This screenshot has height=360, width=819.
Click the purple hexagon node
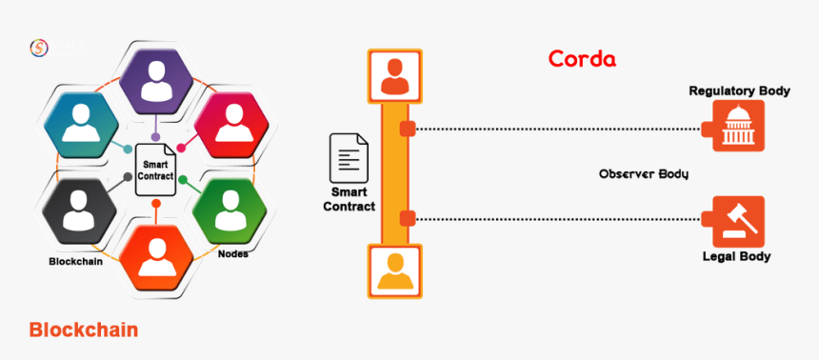pyautogui.click(x=155, y=79)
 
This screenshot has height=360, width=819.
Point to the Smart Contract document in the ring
pyautogui.click(x=156, y=169)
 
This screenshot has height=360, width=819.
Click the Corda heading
pyautogui.click(x=582, y=59)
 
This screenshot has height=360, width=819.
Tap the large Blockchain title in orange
pyautogui.click(x=84, y=330)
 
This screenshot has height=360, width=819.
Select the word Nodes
pyautogui.click(x=234, y=254)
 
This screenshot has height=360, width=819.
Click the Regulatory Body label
pyautogui.click(x=740, y=91)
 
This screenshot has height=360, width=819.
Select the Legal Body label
pyautogui.click(x=736, y=256)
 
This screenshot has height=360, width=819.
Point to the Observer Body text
pyautogui.click(x=643, y=174)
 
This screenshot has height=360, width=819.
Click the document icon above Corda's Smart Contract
pyautogui.click(x=349, y=158)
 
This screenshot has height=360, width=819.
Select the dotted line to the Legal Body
pyautogui.click(x=562, y=220)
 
